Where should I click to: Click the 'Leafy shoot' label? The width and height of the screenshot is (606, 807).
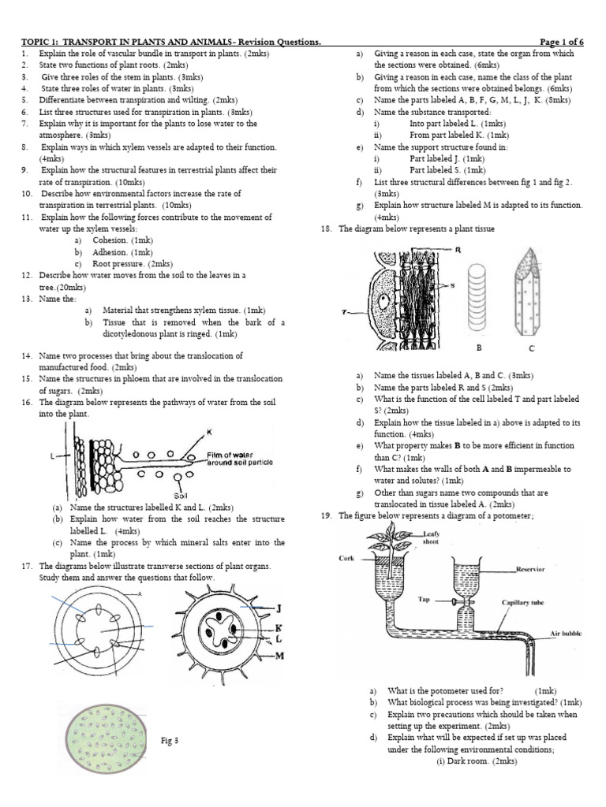tap(431, 537)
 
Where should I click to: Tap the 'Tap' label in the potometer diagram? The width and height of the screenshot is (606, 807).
tap(425, 599)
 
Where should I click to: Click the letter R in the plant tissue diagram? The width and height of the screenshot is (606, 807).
tap(458, 250)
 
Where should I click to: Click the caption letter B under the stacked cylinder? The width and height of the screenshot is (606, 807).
tap(477, 347)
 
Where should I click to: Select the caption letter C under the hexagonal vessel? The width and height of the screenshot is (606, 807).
tap(531, 348)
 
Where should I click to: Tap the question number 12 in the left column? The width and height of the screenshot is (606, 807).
tap(26, 275)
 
